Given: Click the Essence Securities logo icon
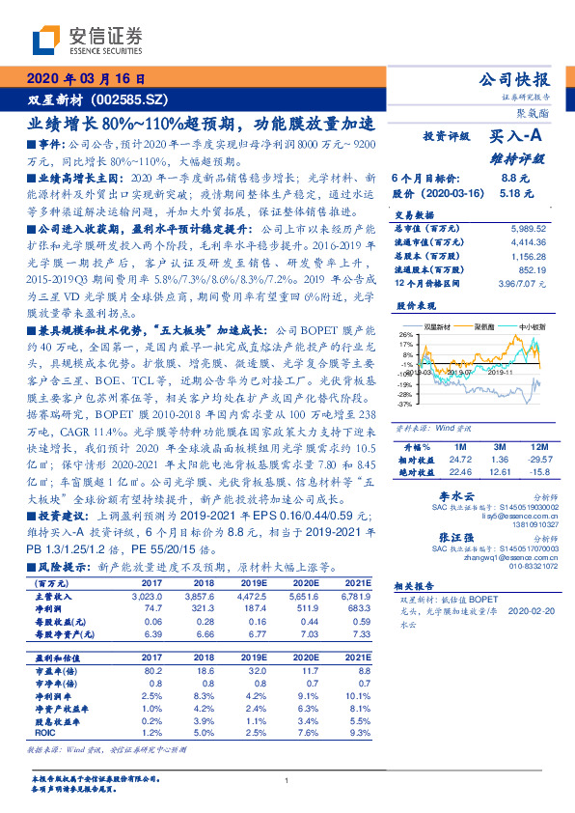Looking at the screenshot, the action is point(49,41).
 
